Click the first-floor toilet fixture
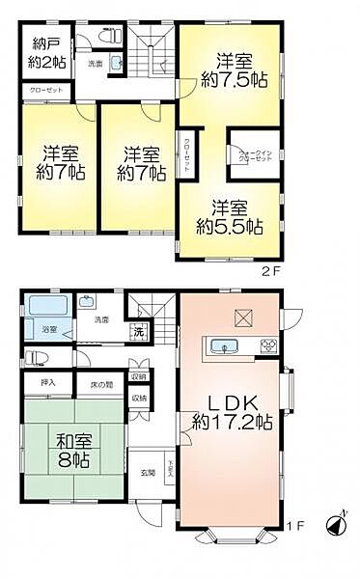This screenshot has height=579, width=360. [35, 356]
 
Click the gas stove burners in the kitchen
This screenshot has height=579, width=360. [267, 345]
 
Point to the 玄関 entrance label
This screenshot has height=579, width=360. [148, 472]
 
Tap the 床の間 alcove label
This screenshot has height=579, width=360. [99, 384]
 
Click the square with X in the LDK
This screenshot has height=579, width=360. [241, 317]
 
